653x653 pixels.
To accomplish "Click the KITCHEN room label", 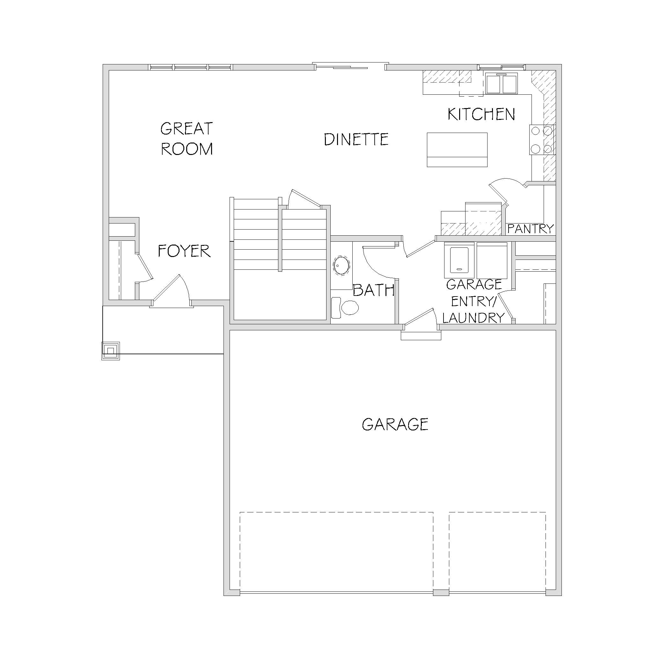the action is coord(481,114).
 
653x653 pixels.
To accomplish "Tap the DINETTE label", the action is coord(356,139).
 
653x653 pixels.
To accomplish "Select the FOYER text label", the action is coord(184,251).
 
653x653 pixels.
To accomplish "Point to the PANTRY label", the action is coord(530,229).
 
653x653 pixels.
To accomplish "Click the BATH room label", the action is coord(373,290).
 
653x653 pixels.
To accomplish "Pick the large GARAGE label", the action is coord(395,424).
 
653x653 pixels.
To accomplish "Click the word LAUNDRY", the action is coord(473,318).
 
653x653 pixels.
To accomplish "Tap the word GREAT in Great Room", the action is coord(187,128).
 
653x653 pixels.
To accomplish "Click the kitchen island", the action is coord(457,150).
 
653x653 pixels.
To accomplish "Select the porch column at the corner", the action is coord(111,351).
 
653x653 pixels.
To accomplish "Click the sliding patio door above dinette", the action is coord(350,66).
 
